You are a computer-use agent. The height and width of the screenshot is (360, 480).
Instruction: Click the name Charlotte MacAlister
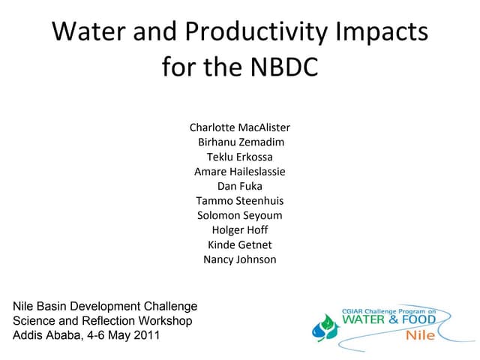239,127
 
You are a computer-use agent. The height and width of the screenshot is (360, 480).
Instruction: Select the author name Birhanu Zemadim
241,142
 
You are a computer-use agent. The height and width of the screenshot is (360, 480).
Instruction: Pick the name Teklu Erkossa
239,157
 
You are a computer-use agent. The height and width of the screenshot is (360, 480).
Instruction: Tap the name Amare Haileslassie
239,172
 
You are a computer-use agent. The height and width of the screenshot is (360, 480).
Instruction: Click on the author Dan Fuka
239,186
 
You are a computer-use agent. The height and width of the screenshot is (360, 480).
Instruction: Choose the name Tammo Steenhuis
239,201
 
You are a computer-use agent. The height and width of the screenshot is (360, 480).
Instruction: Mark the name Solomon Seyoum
239,215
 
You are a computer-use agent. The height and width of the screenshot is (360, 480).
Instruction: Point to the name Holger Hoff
239,230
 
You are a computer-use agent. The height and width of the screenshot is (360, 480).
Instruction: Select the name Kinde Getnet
239,244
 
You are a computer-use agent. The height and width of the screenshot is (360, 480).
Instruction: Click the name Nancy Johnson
239,259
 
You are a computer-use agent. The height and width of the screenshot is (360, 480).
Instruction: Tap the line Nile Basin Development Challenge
105,306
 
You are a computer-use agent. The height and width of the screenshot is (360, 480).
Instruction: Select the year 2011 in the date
145,336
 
